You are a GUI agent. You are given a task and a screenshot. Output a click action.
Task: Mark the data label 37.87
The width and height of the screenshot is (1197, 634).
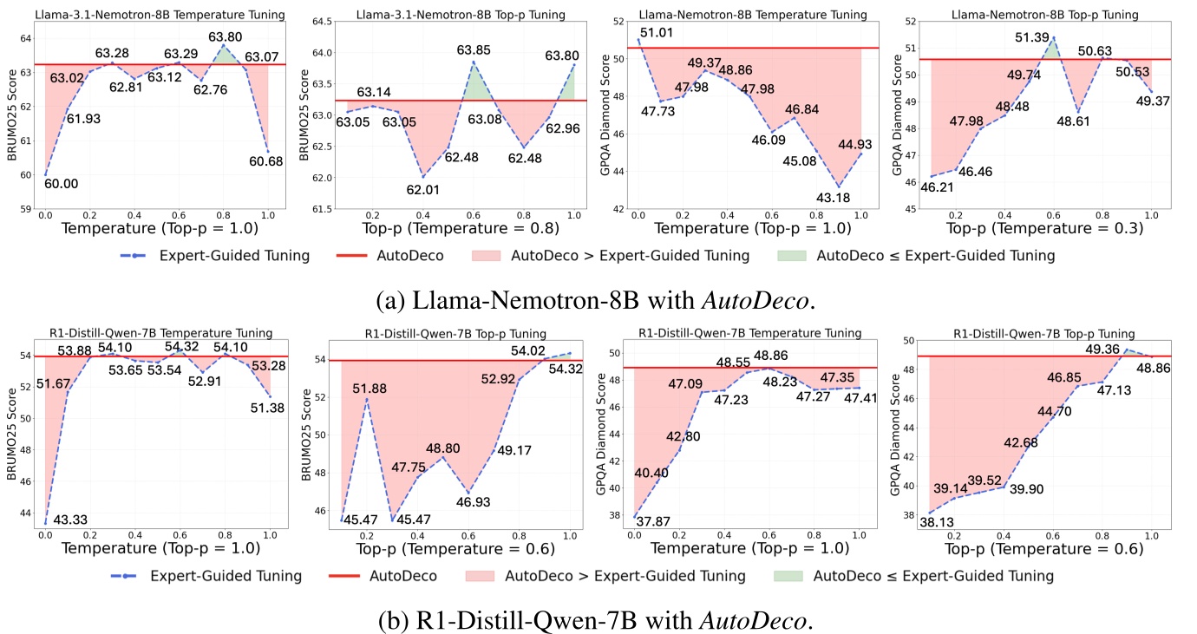[x=655, y=520]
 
